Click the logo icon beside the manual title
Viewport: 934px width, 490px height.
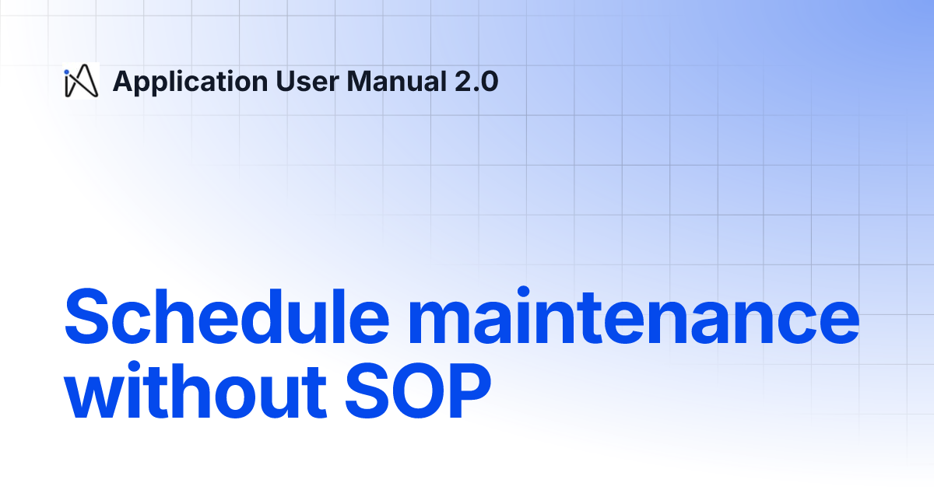80,82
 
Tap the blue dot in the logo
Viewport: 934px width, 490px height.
67,72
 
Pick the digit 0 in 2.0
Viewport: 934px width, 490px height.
489,81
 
